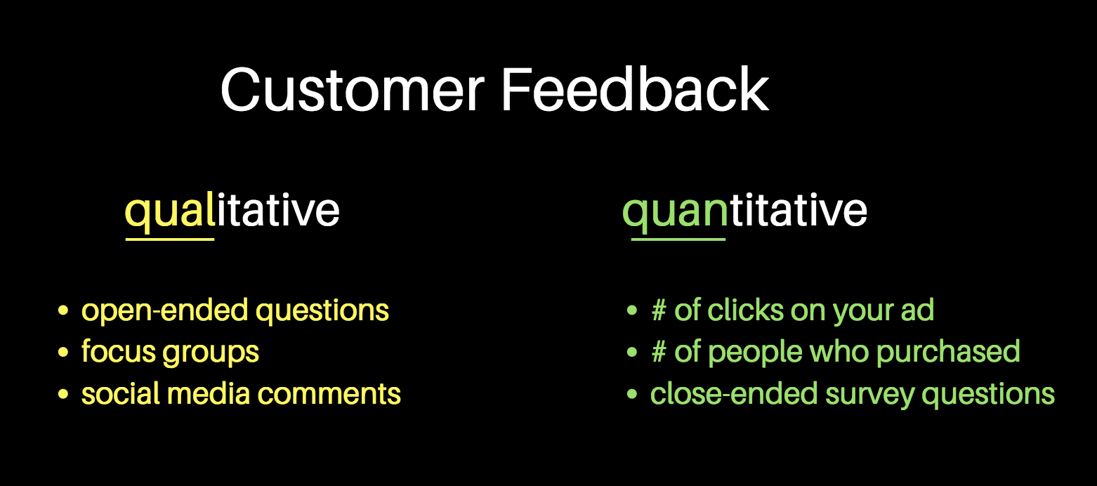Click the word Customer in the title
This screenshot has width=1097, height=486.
(353, 91)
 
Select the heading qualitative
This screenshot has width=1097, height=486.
(232, 211)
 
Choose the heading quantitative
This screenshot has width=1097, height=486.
(744, 211)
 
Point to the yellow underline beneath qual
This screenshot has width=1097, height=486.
(170, 239)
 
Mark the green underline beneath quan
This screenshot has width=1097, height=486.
(678, 239)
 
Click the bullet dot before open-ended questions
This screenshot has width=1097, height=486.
(63, 310)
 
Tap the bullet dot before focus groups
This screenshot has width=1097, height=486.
(63, 352)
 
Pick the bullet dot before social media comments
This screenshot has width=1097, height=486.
(63, 394)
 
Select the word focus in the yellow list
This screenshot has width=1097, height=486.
(119, 351)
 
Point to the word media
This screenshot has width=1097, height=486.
(209, 393)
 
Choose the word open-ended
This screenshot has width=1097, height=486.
(165, 310)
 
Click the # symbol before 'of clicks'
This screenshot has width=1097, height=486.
(659, 310)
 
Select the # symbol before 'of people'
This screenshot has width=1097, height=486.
(659, 352)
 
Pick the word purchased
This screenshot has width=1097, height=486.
(948, 353)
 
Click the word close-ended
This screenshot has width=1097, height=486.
(734, 393)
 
